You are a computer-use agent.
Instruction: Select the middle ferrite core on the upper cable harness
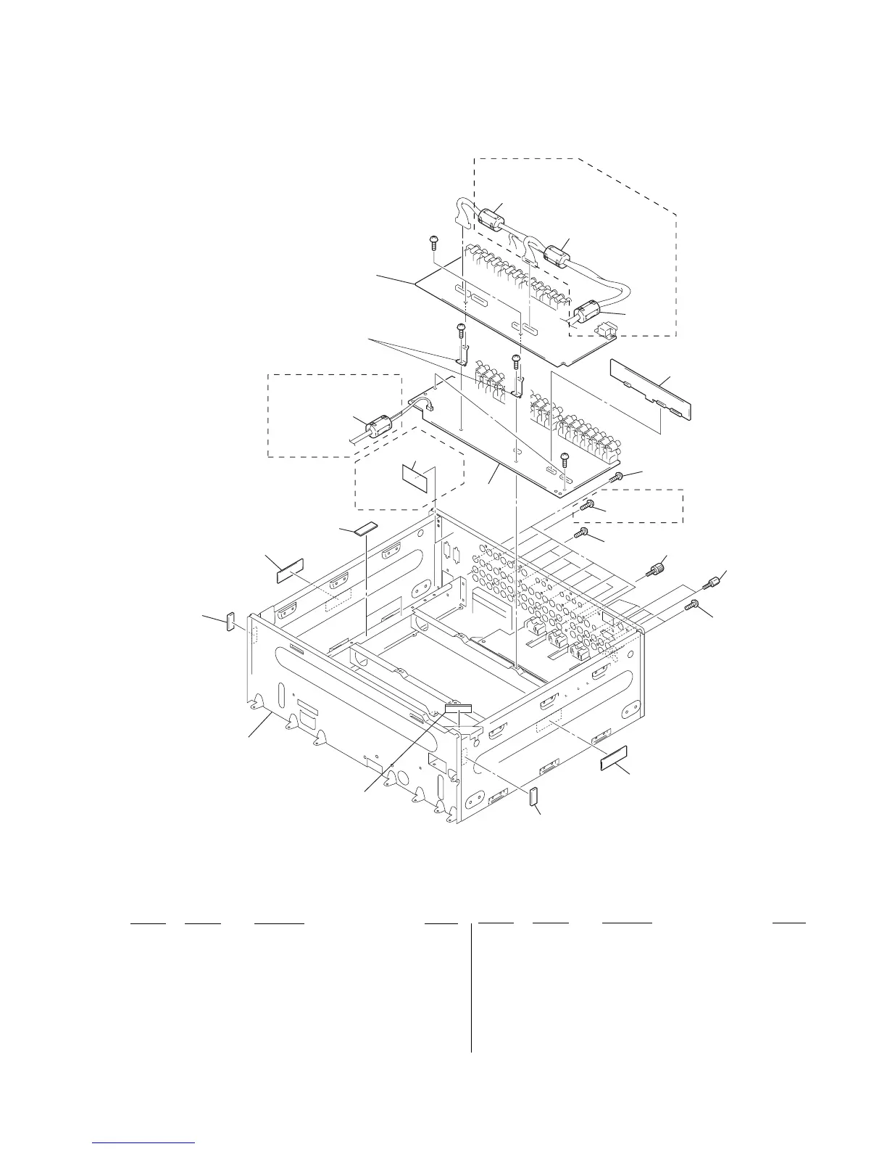(x=554, y=255)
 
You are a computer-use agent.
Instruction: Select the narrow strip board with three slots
(x=651, y=388)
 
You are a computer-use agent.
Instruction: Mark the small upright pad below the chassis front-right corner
(x=534, y=796)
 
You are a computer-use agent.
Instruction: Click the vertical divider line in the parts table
(x=471, y=987)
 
